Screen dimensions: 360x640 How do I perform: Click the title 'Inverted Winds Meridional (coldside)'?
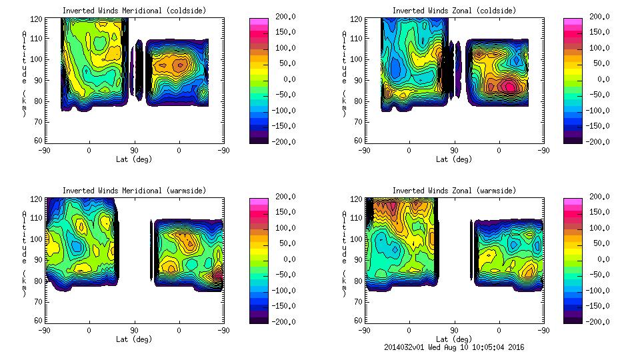click(x=134, y=10)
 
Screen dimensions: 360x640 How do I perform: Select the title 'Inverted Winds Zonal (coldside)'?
click(x=454, y=10)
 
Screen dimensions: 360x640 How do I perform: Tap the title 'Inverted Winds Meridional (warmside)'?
click(x=134, y=191)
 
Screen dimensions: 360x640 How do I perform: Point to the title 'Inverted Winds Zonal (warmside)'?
click(x=454, y=191)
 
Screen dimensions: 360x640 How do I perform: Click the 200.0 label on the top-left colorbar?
click(x=280, y=17)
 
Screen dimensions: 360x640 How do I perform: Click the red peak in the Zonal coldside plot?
click(x=509, y=85)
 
